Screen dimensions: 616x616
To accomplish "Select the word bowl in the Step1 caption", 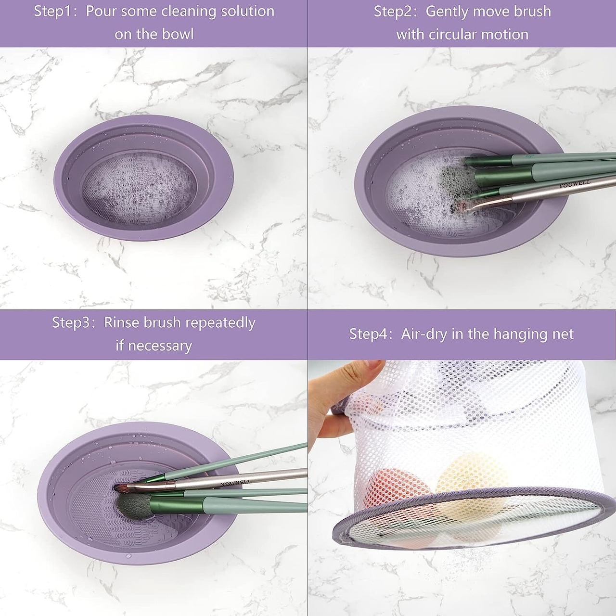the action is [x=178, y=34].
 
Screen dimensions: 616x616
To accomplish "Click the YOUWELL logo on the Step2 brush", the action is [x=575, y=184].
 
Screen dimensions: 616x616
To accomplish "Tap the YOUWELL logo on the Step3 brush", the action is [x=236, y=483].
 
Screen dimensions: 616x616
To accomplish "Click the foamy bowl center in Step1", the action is [x=140, y=188].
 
